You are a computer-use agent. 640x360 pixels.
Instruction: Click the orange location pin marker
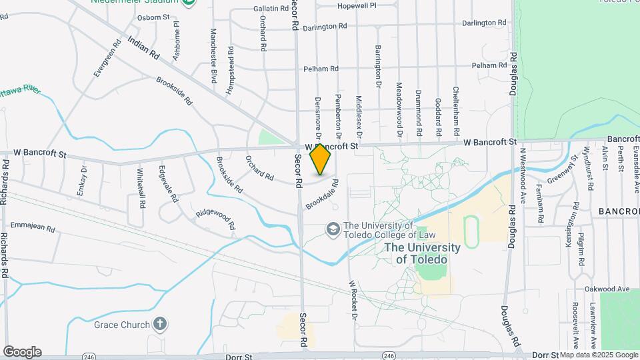(321, 159)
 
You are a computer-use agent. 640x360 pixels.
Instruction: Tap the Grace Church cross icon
(159, 324)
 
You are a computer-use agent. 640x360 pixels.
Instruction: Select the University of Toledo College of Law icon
(331, 229)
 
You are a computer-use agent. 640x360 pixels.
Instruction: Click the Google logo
(22, 351)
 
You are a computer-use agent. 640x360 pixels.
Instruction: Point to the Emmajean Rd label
(33, 227)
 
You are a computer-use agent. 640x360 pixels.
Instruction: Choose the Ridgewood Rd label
(215, 219)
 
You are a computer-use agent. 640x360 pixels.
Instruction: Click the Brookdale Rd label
(323, 195)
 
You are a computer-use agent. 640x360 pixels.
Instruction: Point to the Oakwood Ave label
(607, 289)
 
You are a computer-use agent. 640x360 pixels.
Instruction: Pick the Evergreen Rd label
(107, 59)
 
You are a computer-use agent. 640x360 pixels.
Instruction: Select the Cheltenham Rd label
(457, 109)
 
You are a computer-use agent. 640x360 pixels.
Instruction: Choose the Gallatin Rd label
(252, 8)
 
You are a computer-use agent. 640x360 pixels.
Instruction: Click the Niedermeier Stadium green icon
(189, 3)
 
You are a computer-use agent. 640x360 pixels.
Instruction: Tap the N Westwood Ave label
(523, 175)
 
